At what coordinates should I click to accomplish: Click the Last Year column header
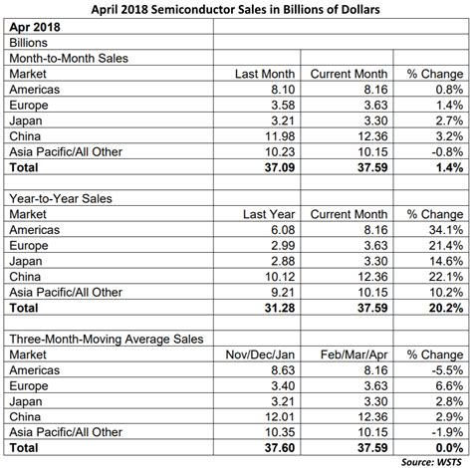pos(266,213)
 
